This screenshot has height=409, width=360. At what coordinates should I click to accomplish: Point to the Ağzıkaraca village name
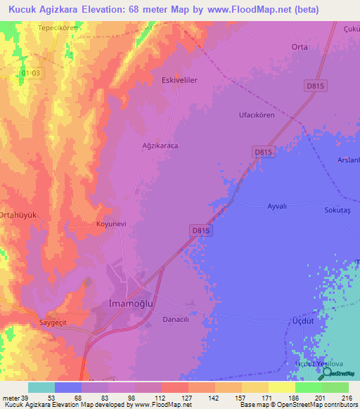pyautogui.click(x=161, y=146)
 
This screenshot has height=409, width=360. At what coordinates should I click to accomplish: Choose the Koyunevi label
pyautogui.click(x=110, y=225)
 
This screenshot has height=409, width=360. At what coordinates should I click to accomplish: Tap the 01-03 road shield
pyautogui.click(x=32, y=72)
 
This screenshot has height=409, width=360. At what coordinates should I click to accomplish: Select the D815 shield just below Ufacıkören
pyautogui.click(x=263, y=151)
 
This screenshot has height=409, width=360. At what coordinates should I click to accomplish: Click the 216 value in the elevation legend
pyautogui.click(x=346, y=398)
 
